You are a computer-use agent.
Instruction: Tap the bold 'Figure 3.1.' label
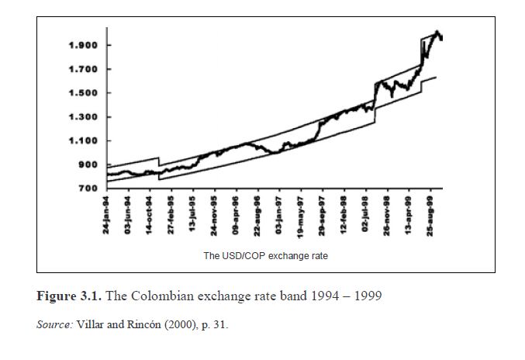pyautogui.click(x=69, y=296)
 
